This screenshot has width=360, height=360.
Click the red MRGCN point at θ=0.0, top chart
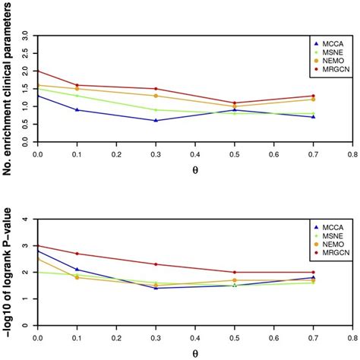pyautogui.click(x=37, y=71)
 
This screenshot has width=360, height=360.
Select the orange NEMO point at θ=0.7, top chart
pyautogui.click(x=312, y=99)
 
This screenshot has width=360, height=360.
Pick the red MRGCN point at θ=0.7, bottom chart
pyautogui.click(x=312, y=272)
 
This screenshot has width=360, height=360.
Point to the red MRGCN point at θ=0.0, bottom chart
pyautogui.click(x=37, y=245)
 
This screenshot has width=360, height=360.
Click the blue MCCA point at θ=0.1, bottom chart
pyautogui.click(x=77, y=269)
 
